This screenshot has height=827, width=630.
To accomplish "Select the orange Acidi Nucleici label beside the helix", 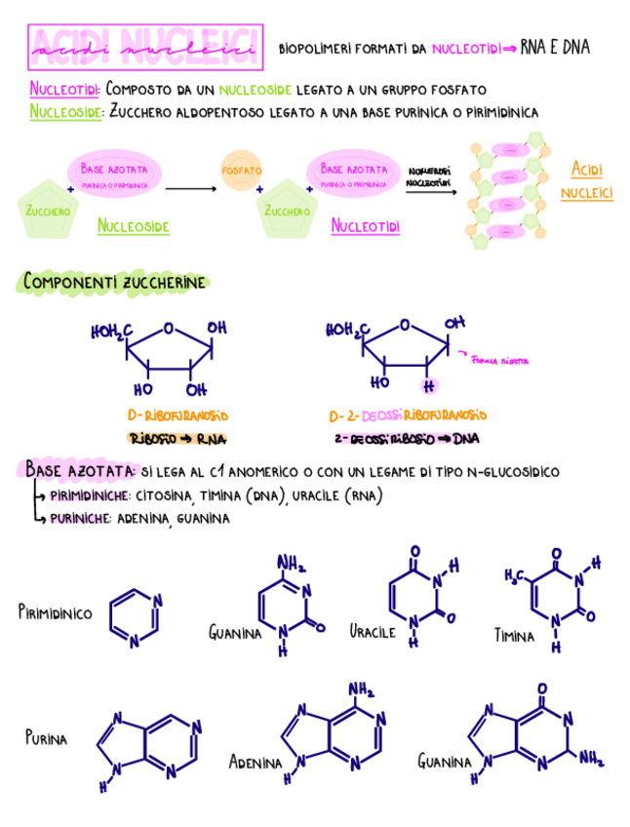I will (x=587, y=180).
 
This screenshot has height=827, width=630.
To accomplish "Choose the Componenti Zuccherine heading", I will (x=115, y=282).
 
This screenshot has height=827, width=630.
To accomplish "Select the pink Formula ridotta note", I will (x=500, y=361).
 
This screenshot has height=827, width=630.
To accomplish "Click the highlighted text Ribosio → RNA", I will (x=172, y=438).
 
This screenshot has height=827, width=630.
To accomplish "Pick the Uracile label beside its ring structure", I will (x=373, y=631).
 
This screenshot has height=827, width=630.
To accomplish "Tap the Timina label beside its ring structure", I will (x=514, y=636).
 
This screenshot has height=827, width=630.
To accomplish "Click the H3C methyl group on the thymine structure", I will (x=515, y=575).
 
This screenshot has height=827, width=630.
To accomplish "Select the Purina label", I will (x=46, y=738).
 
